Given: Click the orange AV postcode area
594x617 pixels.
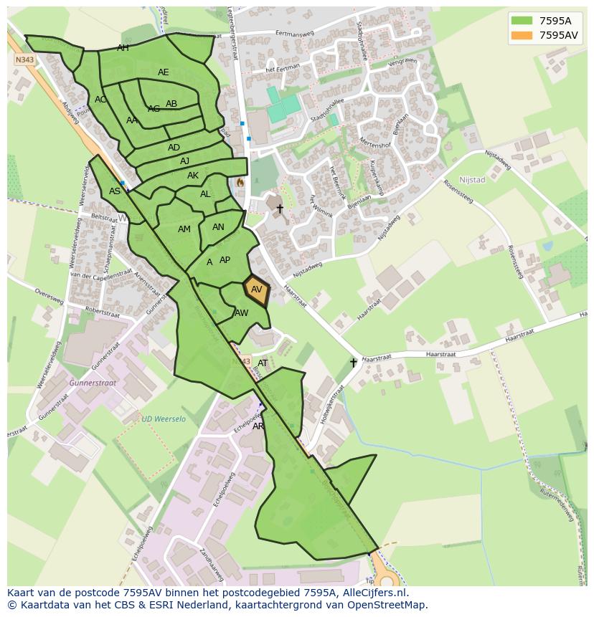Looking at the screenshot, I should (x=256, y=290).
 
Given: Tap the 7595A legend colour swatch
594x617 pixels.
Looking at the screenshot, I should (x=522, y=21).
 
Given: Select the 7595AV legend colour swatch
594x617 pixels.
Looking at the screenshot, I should (x=522, y=35).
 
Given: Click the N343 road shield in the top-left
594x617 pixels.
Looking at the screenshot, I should (x=24, y=61).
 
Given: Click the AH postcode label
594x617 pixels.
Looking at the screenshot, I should (x=123, y=48).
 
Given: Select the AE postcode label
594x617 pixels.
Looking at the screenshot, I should (x=164, y=72).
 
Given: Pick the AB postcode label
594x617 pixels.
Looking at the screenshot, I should (x=171, y=104).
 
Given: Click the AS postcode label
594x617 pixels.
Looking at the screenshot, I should (x=115, y=191).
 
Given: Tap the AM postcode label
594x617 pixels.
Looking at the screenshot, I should (x=184, y=229).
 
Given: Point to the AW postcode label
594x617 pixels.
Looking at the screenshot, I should (x=242, y=313).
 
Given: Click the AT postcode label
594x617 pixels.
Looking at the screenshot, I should (x=263, y=363).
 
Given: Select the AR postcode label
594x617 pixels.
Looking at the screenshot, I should (x=258, y=426).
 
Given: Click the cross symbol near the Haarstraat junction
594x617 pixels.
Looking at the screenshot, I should (x=353, y=363).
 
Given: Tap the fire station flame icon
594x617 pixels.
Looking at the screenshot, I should (x=240, y=183).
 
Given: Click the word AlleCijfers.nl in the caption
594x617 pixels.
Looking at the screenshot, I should (x=375, y=593).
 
